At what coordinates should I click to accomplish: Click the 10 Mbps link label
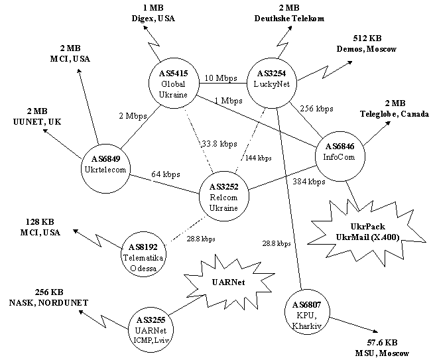click(x=221, y=78)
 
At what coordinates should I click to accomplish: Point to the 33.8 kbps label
click(x=219, y=144)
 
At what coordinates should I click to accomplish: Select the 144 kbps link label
click(x=258, y=158)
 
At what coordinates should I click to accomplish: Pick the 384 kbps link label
click(x=309, y=182)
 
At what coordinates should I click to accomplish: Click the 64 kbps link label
click(x=165, y=174)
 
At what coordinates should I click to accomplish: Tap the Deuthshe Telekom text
click(x=289, y=19)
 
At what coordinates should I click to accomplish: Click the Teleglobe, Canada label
click(x=395, y=114)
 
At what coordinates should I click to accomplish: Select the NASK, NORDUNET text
click(x=48, y=303)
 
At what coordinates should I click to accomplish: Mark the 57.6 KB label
click(x=382, y=343)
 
